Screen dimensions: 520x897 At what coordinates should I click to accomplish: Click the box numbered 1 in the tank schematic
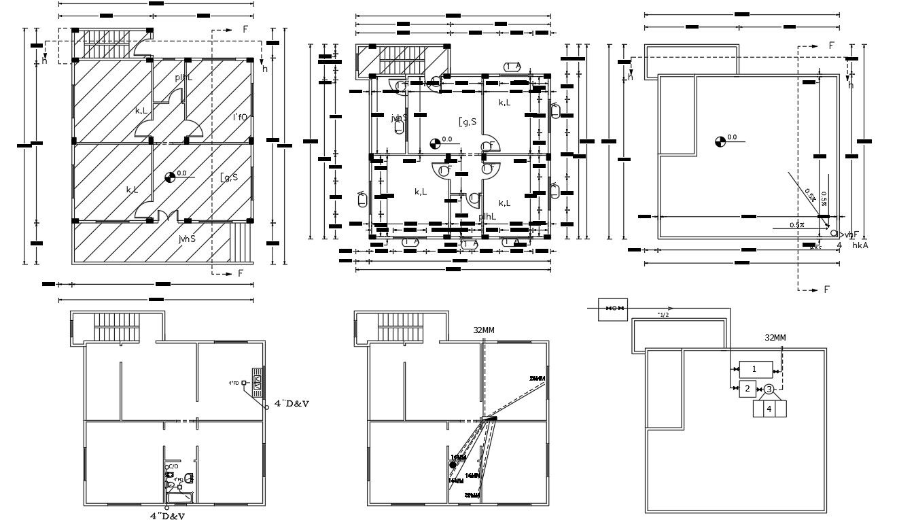tap(754, 369)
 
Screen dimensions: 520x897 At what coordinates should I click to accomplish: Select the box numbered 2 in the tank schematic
tap(747, 389)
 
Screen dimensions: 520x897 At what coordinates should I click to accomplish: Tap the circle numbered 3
tap(769, 389)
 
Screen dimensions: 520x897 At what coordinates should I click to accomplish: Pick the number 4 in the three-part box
tap(769, 409)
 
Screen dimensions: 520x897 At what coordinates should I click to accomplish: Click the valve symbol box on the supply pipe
tap(612, 309)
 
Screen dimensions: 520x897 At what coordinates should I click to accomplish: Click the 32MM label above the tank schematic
tap(775, 337)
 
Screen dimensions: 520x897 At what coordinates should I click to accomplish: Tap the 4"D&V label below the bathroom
tap(167, 515)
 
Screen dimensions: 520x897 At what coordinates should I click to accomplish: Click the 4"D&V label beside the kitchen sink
tap(292, 403)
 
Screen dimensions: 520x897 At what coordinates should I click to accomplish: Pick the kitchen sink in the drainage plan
tap(257, 382)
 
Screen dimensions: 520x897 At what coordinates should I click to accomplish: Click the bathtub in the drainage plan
tap(179, 499)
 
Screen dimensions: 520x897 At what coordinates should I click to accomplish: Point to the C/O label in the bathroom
tap(173, 466)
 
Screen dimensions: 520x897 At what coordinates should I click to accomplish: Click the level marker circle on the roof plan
tap(720, 141)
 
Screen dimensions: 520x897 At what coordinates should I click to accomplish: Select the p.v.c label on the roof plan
tap(815, 247)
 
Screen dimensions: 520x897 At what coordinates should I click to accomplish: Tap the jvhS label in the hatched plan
tap(188, 239)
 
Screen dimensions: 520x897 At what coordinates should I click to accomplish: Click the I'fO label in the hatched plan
tap(240, 117)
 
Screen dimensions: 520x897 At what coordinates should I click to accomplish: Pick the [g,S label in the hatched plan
tap(229, 177)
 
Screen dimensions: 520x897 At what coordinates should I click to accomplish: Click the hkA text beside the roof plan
tap(860, 245)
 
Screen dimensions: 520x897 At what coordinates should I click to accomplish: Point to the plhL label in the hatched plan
tap(183, 77)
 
